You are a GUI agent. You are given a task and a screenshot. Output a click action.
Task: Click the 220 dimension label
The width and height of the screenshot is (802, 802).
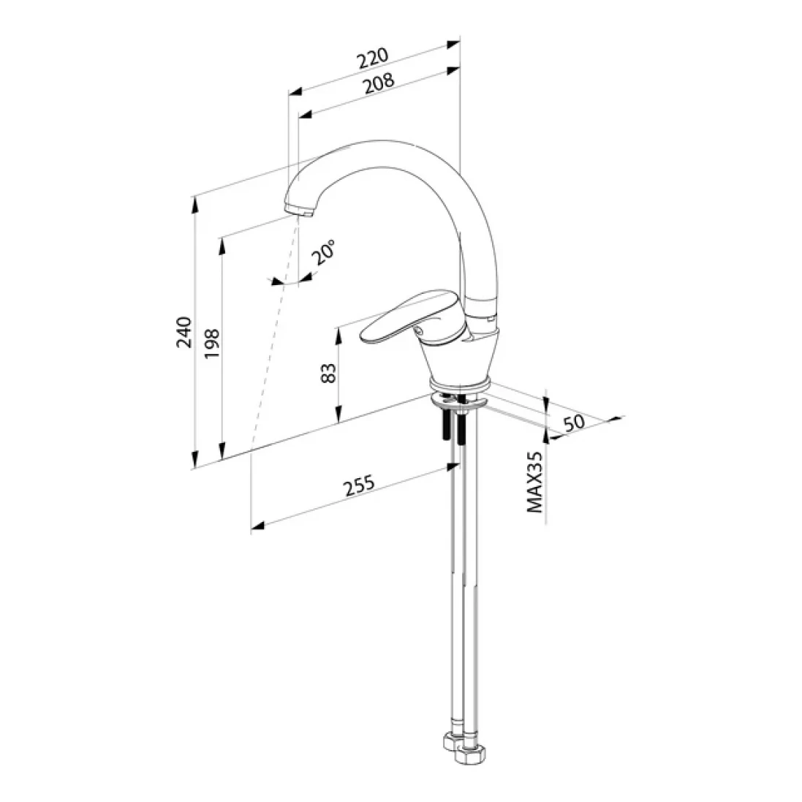[x=373, y=58]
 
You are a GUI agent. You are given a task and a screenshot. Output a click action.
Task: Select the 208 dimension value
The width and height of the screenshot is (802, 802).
[x=379, y=83]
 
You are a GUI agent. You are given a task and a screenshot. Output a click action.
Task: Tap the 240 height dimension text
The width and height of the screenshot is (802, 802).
[x=184, y=333]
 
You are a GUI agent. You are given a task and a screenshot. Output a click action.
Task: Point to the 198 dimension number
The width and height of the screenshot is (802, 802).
[x=212, y=344]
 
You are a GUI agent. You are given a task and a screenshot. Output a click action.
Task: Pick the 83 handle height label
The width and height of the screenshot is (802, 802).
[x=328, y=373]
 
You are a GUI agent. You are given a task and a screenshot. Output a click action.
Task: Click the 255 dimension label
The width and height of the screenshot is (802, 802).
[x=359, y=486]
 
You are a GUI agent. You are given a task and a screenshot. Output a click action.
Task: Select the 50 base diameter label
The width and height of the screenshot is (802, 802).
[x=573, y=423]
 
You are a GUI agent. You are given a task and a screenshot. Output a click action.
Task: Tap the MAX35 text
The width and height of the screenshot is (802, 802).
[x=534, y=482]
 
